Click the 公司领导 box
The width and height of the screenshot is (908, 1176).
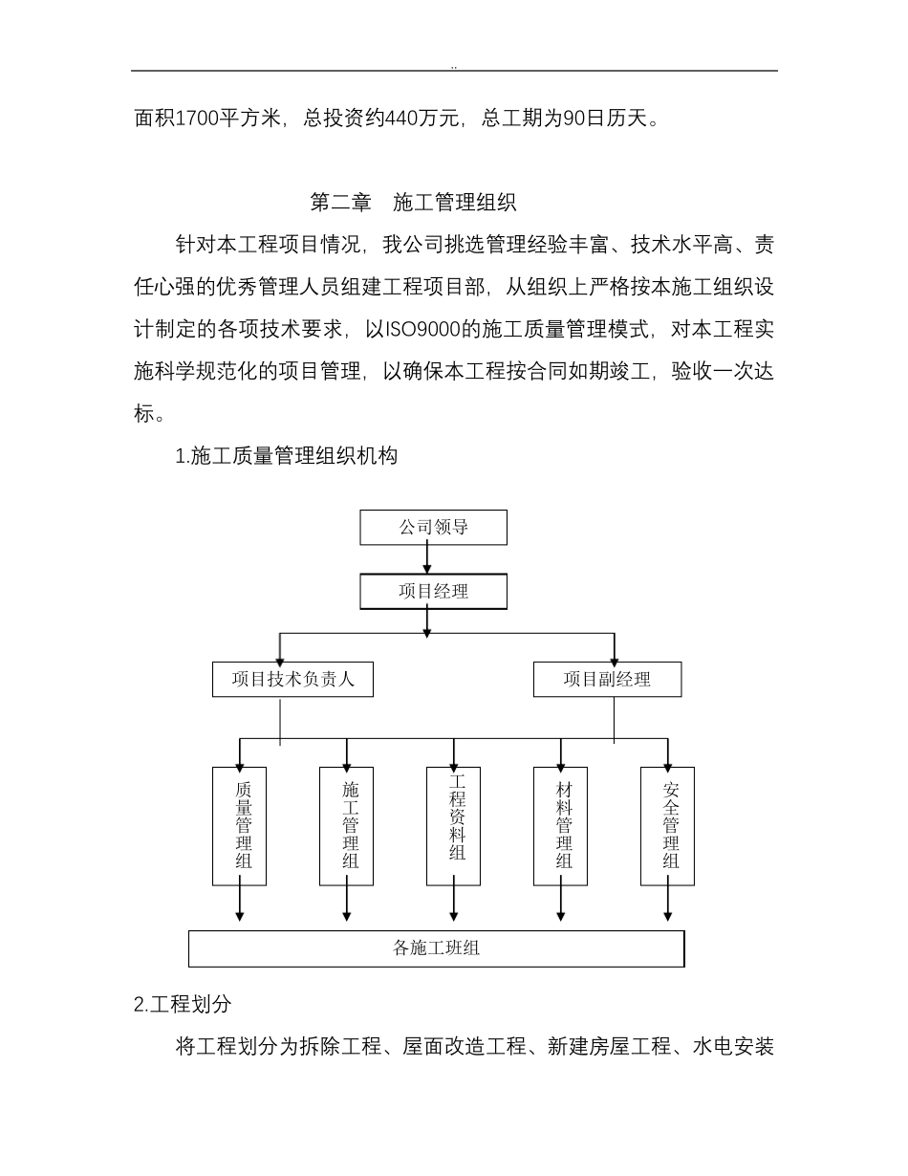[433, 527]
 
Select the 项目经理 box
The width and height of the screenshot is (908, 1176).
[433, 592]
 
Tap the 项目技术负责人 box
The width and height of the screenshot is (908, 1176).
[292, 680]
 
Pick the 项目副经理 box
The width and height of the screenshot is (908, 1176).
[607, 680]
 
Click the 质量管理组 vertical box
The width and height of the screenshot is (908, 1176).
[240, 826]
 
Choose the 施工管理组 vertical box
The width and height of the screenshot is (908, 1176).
[346, 826]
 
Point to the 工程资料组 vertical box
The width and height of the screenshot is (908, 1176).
[454, 826]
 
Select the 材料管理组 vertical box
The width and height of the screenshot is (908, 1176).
[561, 826]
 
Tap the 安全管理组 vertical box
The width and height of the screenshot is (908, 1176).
[668, 826]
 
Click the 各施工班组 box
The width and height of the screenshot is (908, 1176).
[436, 948]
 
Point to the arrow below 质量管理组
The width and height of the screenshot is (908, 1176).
[240, 904]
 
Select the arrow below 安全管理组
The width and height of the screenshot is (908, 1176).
[668, 904]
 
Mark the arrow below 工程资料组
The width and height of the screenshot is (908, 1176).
[454, 904]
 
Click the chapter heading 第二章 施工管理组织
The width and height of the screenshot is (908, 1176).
[413, 203]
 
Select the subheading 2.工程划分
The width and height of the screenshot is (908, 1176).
[183, 1005]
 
